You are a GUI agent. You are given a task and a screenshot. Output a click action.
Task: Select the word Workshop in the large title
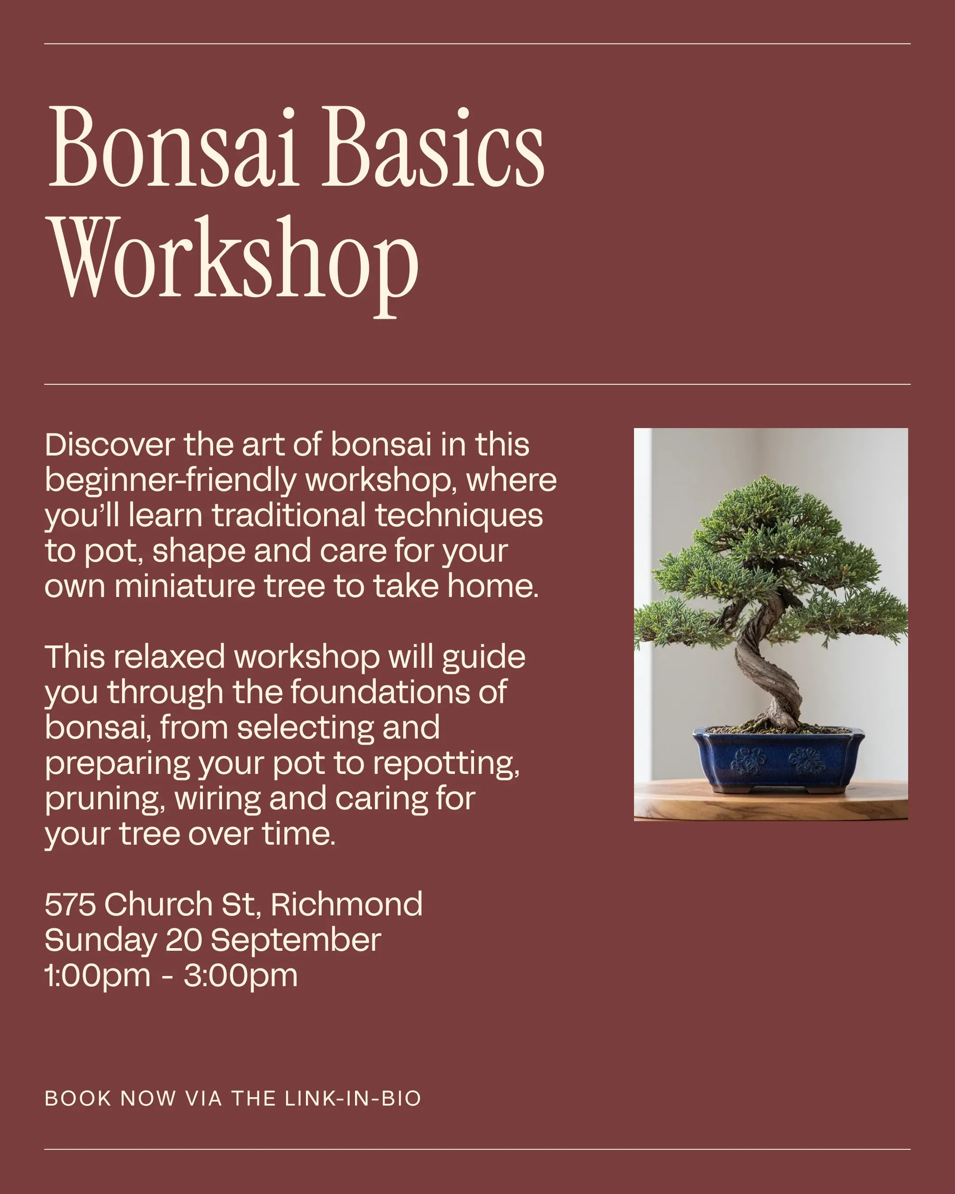(x=233, y=265)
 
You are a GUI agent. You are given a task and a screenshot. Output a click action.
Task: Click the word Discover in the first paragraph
(x=110, y=445)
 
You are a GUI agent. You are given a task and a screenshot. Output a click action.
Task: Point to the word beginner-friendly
(x=171, y=481)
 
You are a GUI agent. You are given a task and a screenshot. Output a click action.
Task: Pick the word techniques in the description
(x=459, y=516)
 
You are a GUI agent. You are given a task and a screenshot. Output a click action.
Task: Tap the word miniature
(x=184, y=586)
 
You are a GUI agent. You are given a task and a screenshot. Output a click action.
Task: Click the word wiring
(x=218, y=800)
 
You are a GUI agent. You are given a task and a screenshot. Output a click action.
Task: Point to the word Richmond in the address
(x=347, y=905)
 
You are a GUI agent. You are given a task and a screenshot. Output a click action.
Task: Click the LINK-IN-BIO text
(x=353, y=1099)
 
